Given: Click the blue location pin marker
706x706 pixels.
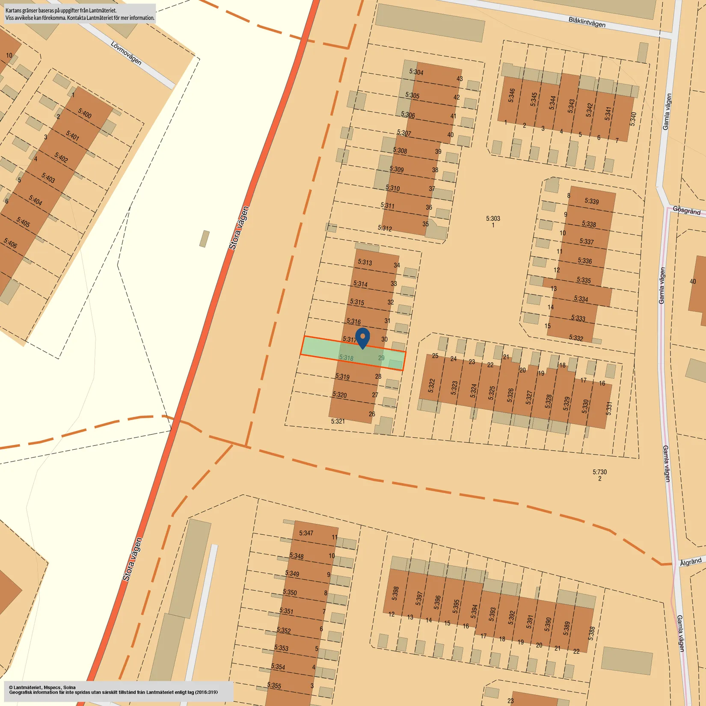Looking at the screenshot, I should (363, 338).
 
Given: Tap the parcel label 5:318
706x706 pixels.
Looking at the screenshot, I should (346, 358).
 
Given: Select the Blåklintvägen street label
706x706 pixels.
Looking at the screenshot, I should (587, 22).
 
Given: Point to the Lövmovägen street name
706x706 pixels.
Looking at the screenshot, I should (126, 53).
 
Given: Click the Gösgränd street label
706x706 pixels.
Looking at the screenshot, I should (686, 211).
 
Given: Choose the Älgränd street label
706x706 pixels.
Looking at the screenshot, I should (691, 562).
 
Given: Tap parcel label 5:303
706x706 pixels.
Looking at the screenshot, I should (493, 219).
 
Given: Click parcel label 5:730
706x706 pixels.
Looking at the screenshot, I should (599, 472).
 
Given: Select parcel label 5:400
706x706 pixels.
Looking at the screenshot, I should (85, 113).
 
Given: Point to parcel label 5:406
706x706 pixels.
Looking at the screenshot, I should (10, 243).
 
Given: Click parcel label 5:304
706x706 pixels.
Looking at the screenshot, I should (416, 72).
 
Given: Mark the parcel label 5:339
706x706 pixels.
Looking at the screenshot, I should (592, 201).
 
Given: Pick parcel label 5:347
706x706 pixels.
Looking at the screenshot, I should (306, 533).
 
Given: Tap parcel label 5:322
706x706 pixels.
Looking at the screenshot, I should (431, 386).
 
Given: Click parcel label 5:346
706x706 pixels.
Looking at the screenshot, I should (511, 95).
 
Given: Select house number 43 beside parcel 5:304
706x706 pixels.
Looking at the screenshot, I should (460, 79).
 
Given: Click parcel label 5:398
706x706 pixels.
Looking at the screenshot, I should (395, 593).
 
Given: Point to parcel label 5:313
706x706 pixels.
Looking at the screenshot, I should (365, 262).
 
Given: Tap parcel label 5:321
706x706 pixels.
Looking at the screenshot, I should (338, 421).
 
